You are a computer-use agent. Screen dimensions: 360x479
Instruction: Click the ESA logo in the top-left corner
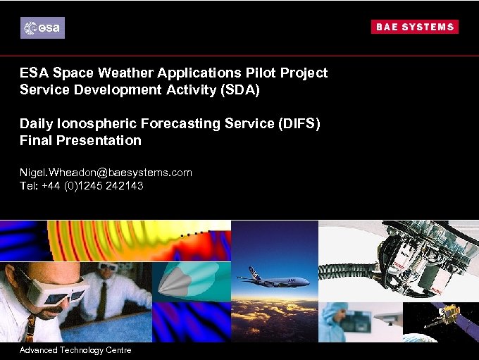[x=42, y=27]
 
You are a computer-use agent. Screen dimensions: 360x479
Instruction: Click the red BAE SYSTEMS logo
[x=414, y=27]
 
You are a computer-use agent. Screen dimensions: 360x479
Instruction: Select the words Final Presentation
[x=80, y=140]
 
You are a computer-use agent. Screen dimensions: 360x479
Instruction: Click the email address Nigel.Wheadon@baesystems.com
[x=106, y=172]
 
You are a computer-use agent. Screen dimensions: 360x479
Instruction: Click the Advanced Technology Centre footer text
[x=75, y=350]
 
